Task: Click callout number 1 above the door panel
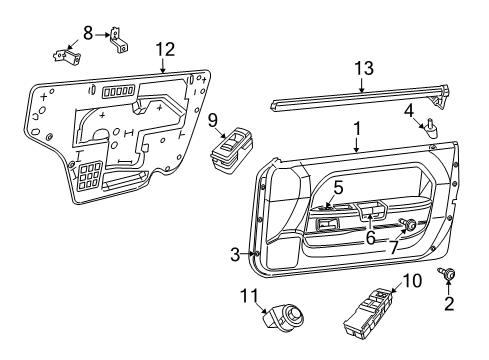(x=354, y=129)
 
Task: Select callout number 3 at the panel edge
(x=235, y=255)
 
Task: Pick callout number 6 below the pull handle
(x=369, y=238)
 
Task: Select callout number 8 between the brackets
(x=89, y=32)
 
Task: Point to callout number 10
(x=406, y=281)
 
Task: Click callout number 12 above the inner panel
(x=163, y=49)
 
